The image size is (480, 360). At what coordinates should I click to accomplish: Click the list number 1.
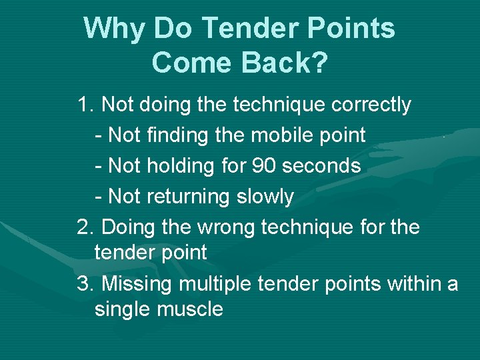[84, 105]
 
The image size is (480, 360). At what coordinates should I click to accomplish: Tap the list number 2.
[84, 227]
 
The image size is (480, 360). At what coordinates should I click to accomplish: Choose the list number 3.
[84, 284]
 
